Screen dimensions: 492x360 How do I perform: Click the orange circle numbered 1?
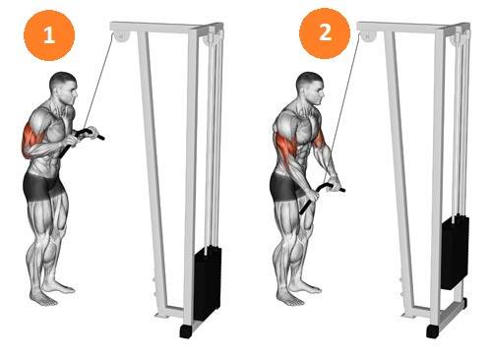pyautogui.click(x=49, y=35)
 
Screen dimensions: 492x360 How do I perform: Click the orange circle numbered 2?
pyautogui.click(x=325, y=33)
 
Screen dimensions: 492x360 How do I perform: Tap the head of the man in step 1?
pyautogui.click(x=63, y=87)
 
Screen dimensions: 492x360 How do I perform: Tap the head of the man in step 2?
pyautogui.click(x=310, y=88)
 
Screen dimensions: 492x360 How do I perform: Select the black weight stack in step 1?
pyautogui.click(x=208, y=282)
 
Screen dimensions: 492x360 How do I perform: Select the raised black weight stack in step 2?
pyautogui.click(x=455, y=253)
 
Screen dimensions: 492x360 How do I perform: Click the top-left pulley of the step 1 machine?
pyautogui.click(x=120, y=36)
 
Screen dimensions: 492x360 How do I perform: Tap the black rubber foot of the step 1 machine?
pyautogui.click(x=185, y=331)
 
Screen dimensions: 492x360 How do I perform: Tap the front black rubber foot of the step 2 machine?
pyautogui.click(x=432, y=331)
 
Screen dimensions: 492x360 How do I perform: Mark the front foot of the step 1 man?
pyautogui.click(x=42, y=299)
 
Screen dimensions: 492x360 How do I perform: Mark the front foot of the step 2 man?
pyautogui.click(x=289, y=299)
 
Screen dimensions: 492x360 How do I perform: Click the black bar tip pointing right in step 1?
pyautogui.click(x=101, y=137)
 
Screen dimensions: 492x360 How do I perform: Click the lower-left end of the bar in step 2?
pyautogui.click(x=302, y=211)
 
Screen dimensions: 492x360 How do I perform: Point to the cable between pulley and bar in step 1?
pyautogui.click(x=99, y=81)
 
